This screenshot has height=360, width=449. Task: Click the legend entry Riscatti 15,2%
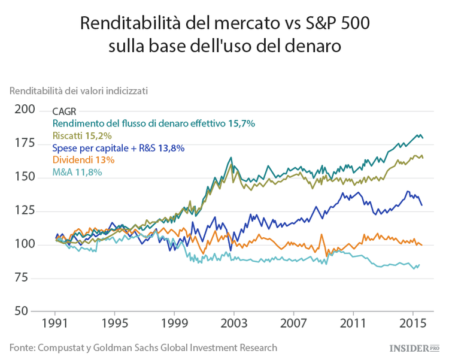tap(81, 135)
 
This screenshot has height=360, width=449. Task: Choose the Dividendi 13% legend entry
tap(83, 160)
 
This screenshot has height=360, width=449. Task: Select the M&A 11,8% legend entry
tap(77, 173)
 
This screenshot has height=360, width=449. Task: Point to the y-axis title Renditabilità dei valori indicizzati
tap(78, 91)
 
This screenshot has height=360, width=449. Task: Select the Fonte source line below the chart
tap(143, 347)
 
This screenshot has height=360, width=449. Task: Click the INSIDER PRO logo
tap(414, 348)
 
